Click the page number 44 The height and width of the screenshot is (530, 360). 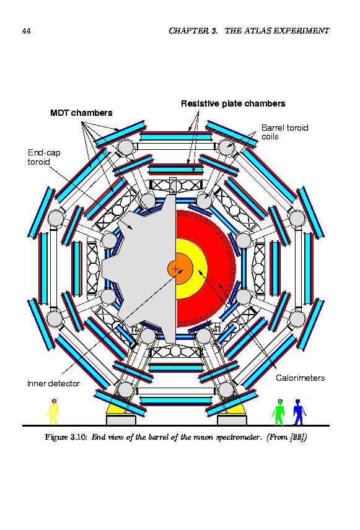27,31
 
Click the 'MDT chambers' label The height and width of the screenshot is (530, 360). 81,113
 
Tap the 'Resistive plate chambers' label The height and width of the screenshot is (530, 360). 233,103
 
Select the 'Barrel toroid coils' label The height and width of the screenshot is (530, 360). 285,132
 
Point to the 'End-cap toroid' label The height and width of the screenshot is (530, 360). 44,157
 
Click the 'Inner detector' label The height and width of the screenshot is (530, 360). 53,383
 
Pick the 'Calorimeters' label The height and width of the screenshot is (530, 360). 300,378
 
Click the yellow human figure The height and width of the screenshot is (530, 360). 53,411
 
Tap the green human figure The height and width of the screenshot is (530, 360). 278,412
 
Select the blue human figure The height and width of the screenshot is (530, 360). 299,412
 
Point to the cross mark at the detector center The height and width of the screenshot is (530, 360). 176,269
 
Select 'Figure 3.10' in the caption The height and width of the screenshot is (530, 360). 66,437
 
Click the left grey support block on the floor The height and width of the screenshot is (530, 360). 121,420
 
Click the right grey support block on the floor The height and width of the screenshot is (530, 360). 232,420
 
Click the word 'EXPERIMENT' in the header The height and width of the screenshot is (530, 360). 302,31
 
